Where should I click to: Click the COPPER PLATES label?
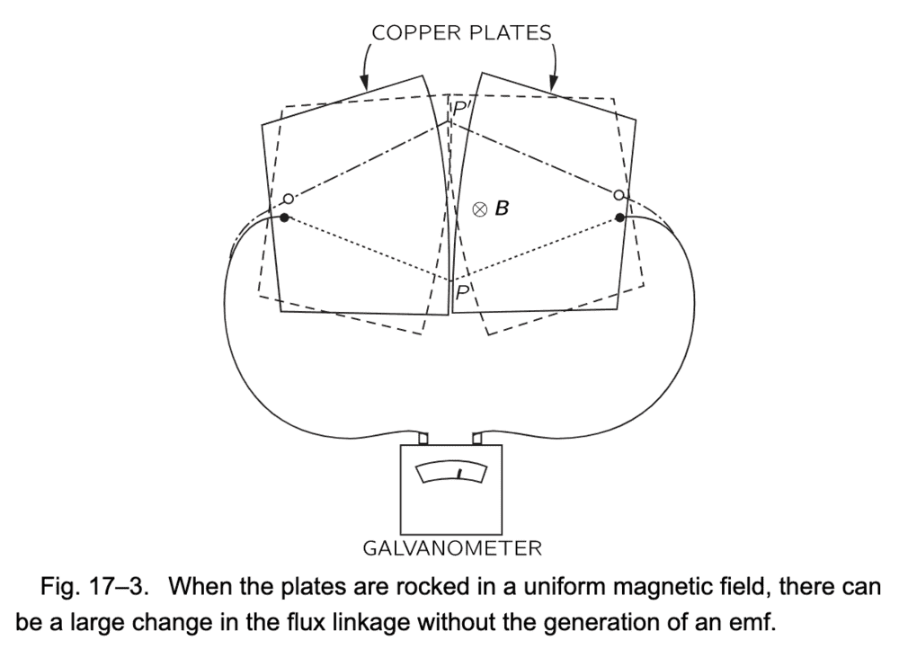462,33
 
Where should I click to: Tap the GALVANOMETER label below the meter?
451,546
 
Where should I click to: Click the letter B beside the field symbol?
502,209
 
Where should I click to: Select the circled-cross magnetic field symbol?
480,209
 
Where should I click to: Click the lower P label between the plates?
461,292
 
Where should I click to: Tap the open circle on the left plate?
288,199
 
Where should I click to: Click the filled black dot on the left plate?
284,218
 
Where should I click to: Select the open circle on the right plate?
619,195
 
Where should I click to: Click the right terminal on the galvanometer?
476,439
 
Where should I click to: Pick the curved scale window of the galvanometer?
451,473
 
